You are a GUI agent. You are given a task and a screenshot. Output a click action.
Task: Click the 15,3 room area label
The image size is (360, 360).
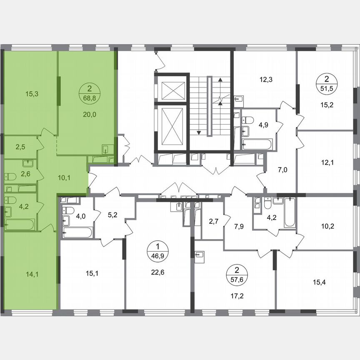tap(31, 94)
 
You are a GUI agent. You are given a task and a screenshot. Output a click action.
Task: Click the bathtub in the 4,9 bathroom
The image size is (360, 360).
tap(257, 145)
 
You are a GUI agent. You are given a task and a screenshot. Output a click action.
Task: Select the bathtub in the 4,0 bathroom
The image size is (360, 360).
tap(77, 232)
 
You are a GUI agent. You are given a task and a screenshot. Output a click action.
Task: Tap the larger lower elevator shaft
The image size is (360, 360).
tap(172, 127)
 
